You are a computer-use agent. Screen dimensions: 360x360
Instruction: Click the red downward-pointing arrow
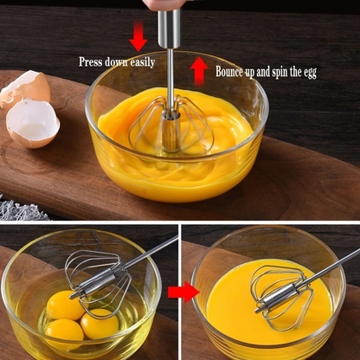click(138, 36)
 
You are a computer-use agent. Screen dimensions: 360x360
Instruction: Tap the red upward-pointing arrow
click(199, 70)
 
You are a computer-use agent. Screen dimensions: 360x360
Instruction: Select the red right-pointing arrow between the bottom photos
click(183, 292)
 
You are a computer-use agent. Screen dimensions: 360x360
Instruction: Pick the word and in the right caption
click(266, 72)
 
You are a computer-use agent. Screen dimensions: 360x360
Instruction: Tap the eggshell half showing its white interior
click(33, 123)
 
